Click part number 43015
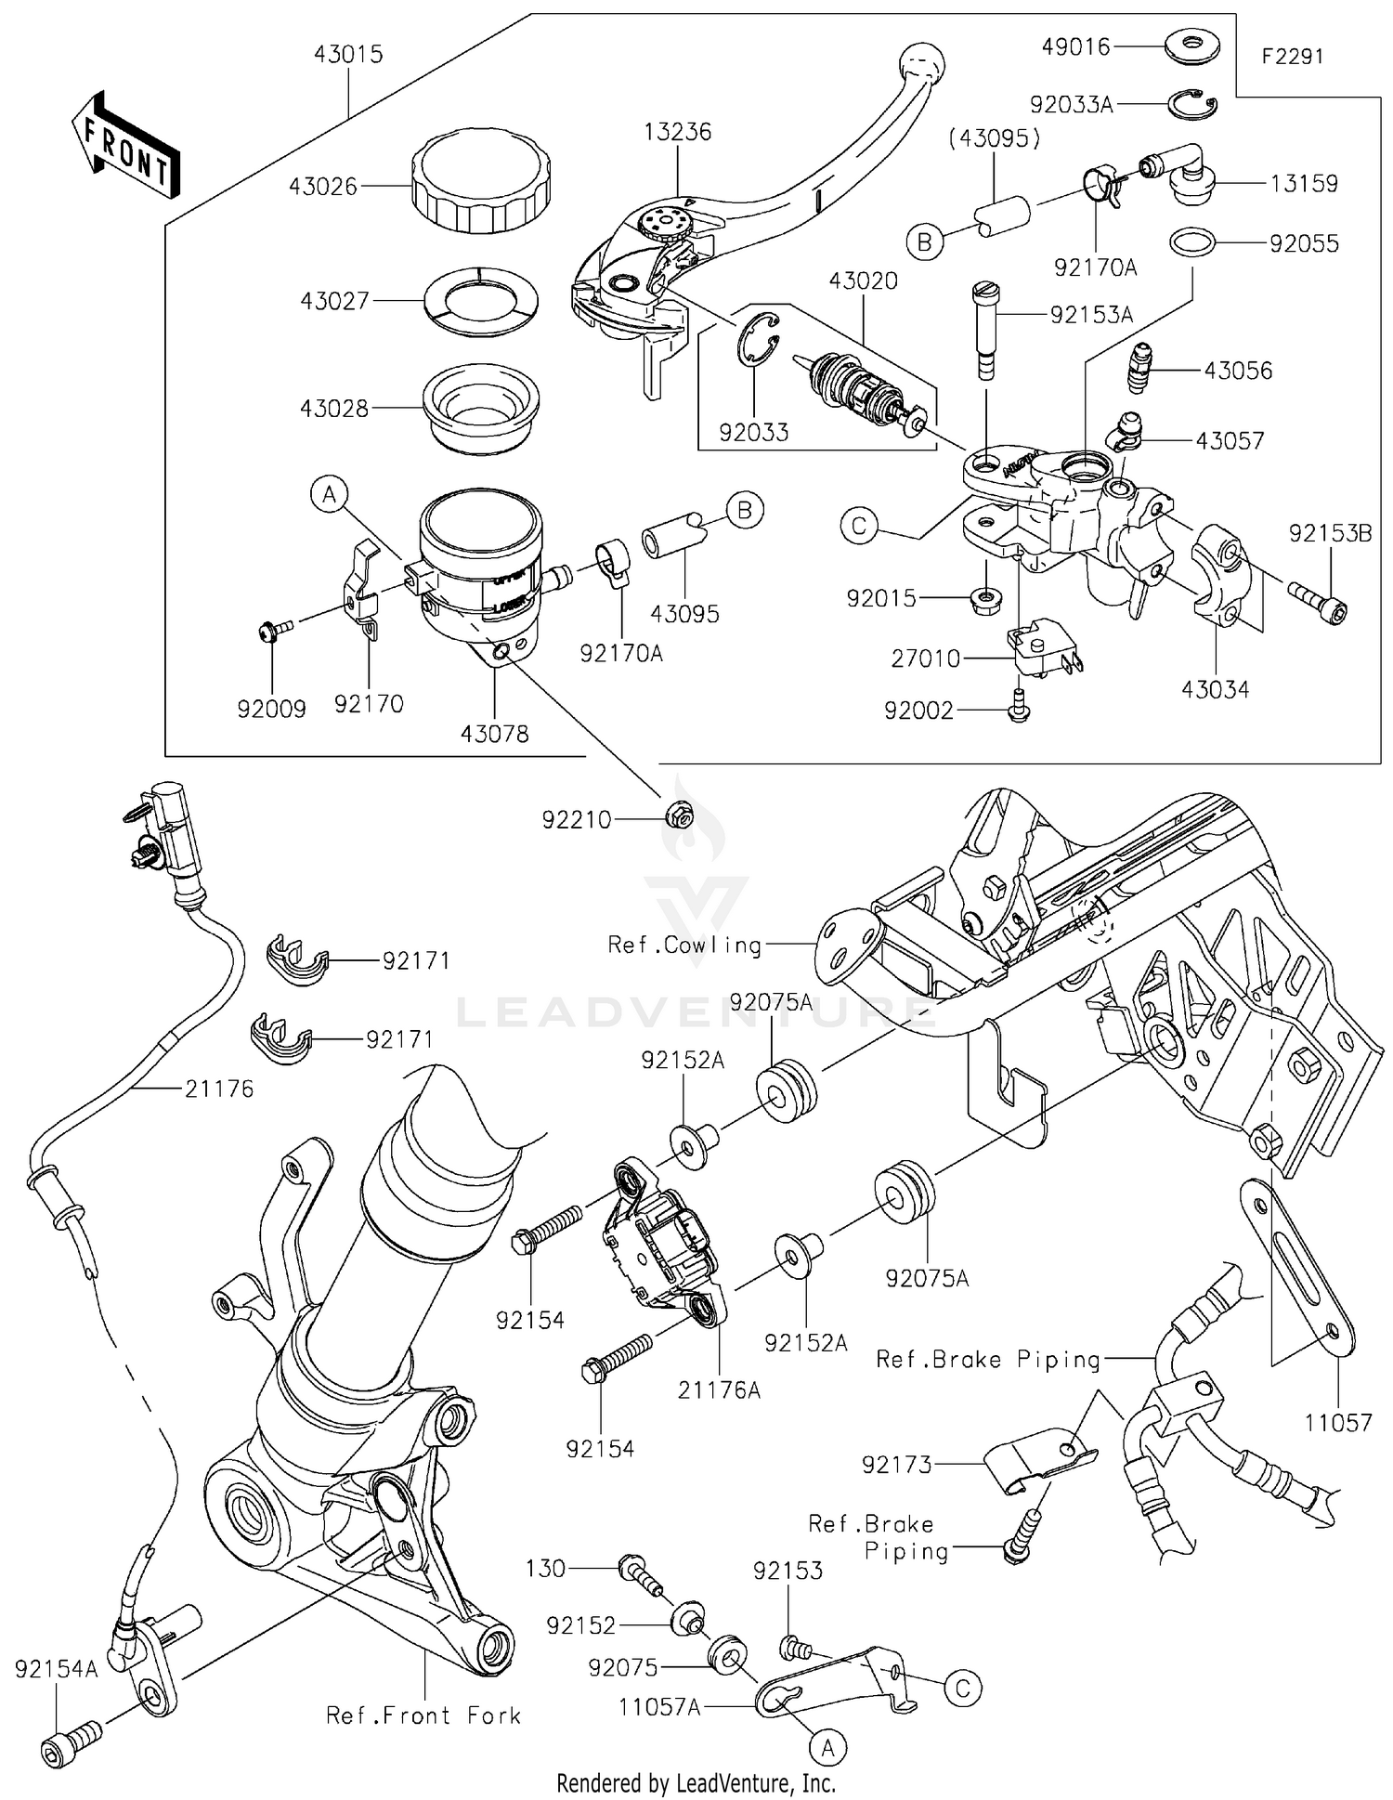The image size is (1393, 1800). point(347,54)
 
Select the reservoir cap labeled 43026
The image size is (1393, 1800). point(480,183)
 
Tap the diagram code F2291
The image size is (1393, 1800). point(1292,57)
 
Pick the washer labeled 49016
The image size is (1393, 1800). point(1191,46)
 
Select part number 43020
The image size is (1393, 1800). point(863,280)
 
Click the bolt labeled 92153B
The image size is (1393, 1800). point(1317,599)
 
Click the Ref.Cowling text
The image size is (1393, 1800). point(684,946)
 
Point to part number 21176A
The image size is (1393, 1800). point(719,1389)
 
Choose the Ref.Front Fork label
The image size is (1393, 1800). point(423,1715)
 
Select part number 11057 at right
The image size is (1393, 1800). point(1337,1423)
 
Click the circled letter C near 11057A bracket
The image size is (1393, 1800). point(963,1688)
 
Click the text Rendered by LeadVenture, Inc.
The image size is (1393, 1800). point(696,1783)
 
